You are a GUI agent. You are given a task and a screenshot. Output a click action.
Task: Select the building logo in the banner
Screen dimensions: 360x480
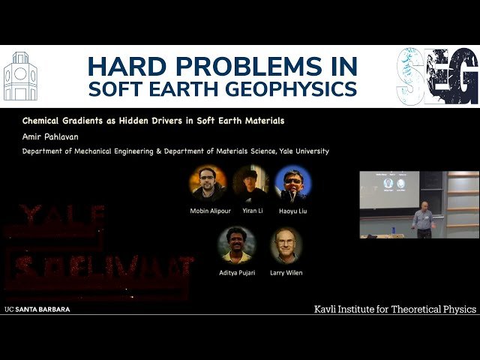pyautogui.click(x=19, y=76)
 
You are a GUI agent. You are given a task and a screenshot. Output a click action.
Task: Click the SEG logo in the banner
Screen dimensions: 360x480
pyautogui.click(x=437, y=76)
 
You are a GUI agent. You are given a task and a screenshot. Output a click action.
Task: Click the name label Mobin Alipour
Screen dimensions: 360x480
pyautogui.click(x=208, y=211)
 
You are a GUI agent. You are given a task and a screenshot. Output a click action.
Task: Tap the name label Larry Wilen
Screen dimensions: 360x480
pyautogui.click(x=286, y=272)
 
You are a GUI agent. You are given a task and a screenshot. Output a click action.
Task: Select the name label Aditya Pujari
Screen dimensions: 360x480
pyautogui.click(x=235, y=272)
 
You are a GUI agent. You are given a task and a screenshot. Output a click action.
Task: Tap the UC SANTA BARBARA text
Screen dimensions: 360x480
pyautogui.click(x=37, y=309)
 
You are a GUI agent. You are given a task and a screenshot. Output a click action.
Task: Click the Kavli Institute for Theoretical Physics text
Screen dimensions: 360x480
pyautogui.click(x=394, y=309)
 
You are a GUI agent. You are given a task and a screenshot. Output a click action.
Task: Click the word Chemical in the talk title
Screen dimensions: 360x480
pyautogui.click(x=43, y=120)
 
